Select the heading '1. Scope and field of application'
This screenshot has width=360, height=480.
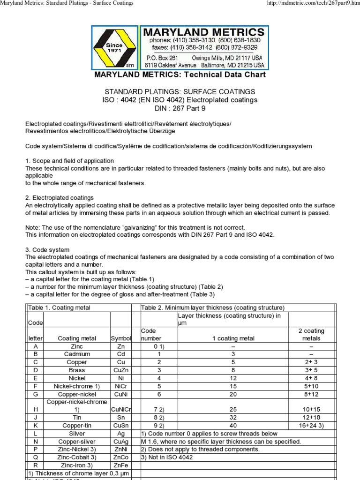point(69,161)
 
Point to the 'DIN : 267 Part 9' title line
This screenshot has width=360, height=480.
point(180,109)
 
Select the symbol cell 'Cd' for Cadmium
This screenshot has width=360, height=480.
point(121,354)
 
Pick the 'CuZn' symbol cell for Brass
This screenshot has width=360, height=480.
point(121,370)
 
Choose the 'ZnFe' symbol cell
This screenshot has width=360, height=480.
point(121,465)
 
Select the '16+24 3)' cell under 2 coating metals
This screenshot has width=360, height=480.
point(311,426)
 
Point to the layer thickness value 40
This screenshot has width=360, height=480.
point(233,426)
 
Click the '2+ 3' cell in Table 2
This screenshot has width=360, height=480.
point(311,362)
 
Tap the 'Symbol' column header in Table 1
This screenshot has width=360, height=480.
point(121,338)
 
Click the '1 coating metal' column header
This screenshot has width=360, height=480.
point(233,338)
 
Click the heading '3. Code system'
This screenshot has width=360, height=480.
point(47,250)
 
